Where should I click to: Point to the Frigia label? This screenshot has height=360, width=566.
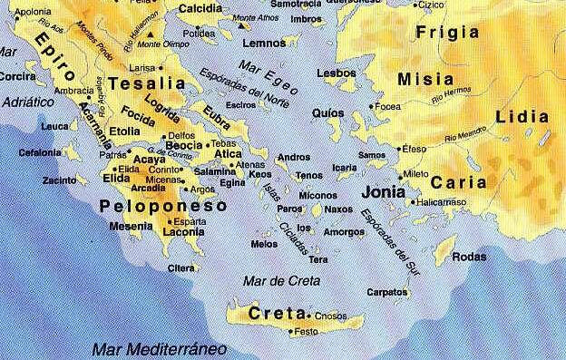coord(445,33)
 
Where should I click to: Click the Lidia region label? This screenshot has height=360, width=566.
coord(523,117)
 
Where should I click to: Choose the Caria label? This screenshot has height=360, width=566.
coord(453,182)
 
